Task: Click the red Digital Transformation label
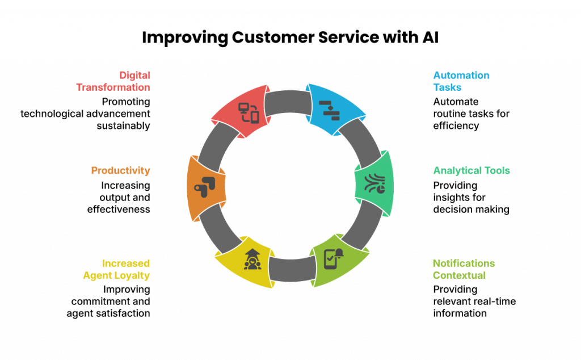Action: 113,81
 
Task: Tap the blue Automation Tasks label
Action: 461,81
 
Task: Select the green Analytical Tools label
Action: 471,170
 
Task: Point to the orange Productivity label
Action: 120,170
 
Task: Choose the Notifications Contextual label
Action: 464,269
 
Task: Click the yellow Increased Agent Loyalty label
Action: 117,269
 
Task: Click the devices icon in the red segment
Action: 248,112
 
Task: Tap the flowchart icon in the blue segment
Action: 329,108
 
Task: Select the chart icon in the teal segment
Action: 374,183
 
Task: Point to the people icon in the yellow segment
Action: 251,259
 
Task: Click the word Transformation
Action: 113,87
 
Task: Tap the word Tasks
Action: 447,87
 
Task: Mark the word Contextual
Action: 459,275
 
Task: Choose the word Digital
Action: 134,75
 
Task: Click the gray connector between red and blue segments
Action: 287,102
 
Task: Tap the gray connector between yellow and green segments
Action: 292,269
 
